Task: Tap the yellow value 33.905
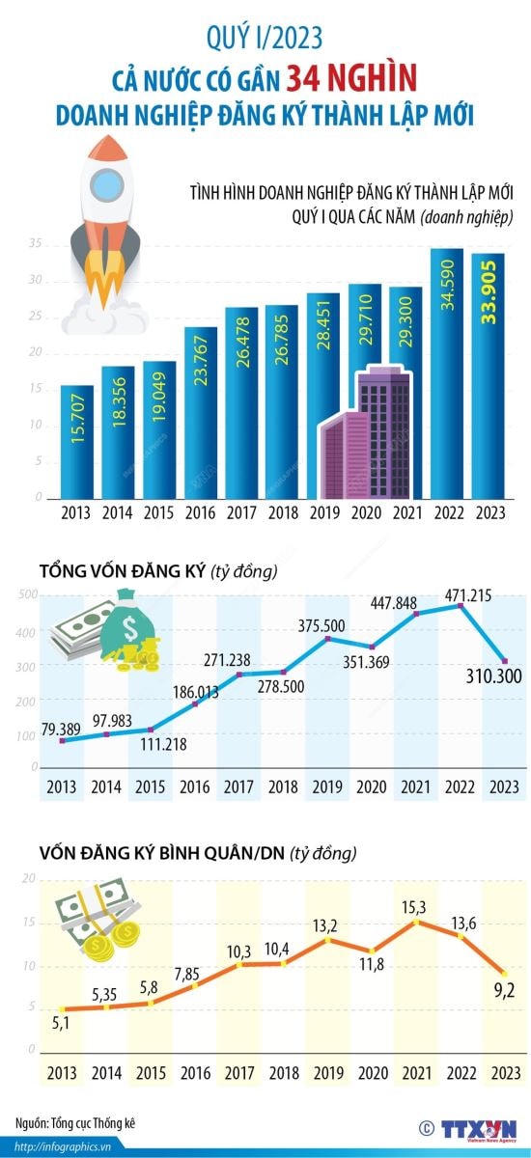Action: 489,289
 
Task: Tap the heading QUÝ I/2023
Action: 265,39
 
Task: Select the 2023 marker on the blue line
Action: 502,661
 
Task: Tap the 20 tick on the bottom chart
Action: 29,879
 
